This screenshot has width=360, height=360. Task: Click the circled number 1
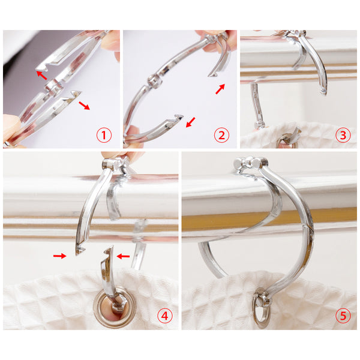pos(104,135)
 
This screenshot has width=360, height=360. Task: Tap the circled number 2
pos(221,135)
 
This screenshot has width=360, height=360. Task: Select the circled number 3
pos(343,135)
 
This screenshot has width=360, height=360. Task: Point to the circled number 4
pos(164,316)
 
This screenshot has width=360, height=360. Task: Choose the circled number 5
pos(343,316)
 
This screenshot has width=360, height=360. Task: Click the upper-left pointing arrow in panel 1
pos(41,75)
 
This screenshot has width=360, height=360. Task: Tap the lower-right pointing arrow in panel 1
pos(84,106)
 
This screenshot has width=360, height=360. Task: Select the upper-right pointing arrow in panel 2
pos(220,89)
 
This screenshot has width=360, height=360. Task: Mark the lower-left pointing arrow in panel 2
pos(191,122)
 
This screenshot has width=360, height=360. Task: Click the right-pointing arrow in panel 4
pos(59,256)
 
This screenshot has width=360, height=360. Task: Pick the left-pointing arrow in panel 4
pos(123,256)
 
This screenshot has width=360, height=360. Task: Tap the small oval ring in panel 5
pos(260,307)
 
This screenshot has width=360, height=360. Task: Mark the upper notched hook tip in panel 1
pos(41,68)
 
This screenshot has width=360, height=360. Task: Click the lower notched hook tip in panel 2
pos(179,117)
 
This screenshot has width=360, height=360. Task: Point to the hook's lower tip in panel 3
pos(323,92)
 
